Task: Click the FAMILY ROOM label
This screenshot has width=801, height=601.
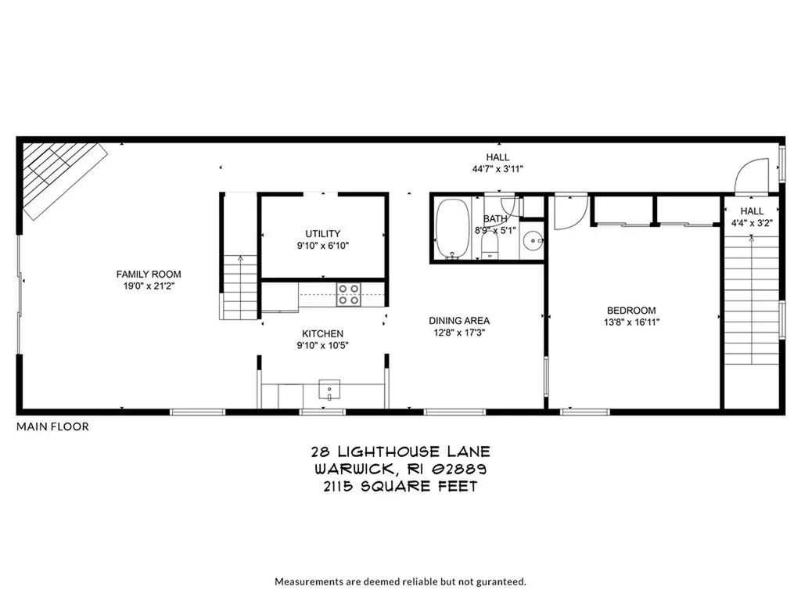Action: pos(149,274)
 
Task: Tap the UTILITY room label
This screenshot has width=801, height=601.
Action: pos(322,233)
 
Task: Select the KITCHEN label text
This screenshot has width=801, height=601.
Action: pos(322,333)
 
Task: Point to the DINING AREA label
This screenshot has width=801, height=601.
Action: pos(459,320)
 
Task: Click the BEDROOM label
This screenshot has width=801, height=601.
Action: pos(630,310)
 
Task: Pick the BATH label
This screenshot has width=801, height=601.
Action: pos(495,218)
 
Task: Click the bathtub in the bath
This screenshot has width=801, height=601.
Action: pos(451,228)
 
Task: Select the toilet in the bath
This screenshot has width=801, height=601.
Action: pos(490,246)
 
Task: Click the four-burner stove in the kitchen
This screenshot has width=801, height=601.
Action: pos(348,294)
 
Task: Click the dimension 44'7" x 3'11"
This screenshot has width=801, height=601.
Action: pos(497,169)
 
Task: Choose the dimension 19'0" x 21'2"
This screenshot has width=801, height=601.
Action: pos(149,286)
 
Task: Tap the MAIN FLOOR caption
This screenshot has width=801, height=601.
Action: pos(52,426)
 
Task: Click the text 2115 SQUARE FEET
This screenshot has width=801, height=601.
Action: pos(400,486)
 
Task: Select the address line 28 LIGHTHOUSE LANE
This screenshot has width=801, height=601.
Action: pos(400,452)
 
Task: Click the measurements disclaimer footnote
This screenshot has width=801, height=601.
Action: pos(400,581)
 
